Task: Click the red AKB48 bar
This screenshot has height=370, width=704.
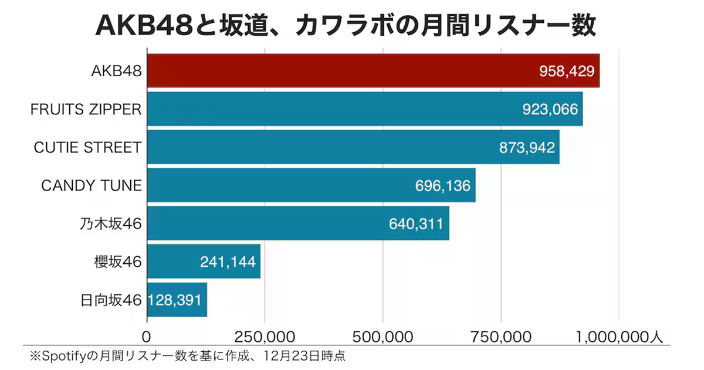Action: [x=340, y=71]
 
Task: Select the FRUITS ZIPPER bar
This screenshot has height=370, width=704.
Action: [x=329, y=109]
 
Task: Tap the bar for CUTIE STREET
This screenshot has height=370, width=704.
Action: [x=317, y=147]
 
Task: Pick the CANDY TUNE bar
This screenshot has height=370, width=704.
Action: [x=276, y=185]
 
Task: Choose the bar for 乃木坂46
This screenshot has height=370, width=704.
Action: [x=264, y=223]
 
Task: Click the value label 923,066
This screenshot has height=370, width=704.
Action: [x=550, y=110]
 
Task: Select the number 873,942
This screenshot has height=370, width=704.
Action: [x=527, y=148]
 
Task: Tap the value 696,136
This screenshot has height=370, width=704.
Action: [x=443, y=186]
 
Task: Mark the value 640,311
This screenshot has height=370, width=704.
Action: [x=417, y=224]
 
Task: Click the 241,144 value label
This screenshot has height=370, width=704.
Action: [x=228, y=262]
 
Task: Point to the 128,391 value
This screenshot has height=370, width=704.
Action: [x=175, y=300]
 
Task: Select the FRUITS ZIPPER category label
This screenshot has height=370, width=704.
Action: [x=86, y=110]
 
